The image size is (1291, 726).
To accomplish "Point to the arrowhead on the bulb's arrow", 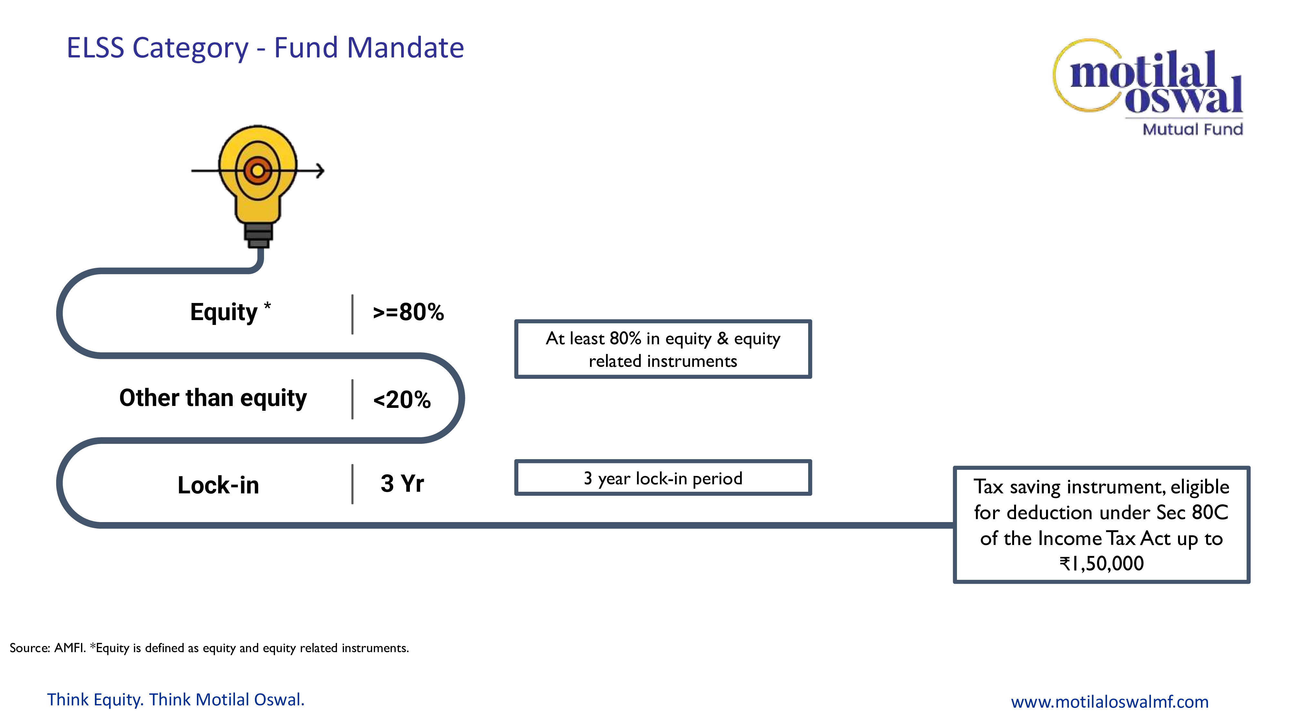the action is click(x=320, y=171).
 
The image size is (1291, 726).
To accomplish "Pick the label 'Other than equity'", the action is click(x=213, y=398).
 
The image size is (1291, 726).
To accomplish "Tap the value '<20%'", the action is click(x=402, y=399).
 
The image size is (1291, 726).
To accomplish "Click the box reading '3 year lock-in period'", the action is click(x=663, y=478).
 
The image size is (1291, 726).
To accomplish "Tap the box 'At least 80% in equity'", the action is click(x=663, y=349).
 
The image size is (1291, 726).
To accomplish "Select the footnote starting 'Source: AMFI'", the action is click(x=209, y=648).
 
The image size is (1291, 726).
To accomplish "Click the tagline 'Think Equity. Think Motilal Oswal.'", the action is click(x=176, y=700).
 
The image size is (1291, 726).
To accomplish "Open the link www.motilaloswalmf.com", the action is click(x=1110, y=701).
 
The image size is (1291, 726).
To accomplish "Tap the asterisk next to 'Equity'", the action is click(x=267, y=306).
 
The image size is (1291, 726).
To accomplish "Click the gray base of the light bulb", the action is click(x=259, y=236).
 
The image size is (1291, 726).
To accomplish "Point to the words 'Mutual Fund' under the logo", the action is click(x=1193, y=129).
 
